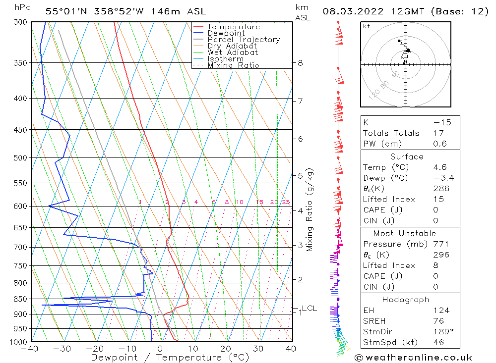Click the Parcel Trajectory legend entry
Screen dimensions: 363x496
tap(243, 40)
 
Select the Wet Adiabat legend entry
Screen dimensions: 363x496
tap(232, 52)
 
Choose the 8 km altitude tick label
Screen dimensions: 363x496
tap(300, 63)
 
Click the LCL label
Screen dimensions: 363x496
tap(309, 309)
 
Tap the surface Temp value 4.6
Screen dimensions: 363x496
tap(439, 167)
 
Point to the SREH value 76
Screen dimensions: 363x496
tap(438, 321)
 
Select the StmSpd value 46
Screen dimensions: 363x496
tap(438, 342)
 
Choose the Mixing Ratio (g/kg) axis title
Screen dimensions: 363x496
tap(310, 209)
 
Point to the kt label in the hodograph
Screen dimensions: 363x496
tap(366, 26)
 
